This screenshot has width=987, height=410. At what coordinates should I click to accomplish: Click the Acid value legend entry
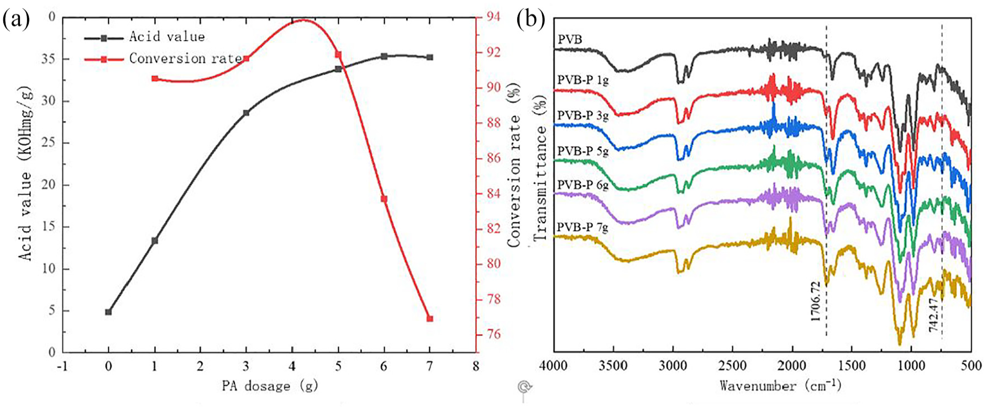point(144,38)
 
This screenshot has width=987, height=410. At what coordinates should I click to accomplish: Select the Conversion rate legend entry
point(162,58)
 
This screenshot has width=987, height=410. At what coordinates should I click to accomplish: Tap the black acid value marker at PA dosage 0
point(108,312)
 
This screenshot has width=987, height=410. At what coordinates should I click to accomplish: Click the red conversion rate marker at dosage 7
point(430,318)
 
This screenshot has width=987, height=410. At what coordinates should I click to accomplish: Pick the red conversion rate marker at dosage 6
point(384,199)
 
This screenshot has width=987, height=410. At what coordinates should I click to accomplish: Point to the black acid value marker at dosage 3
point(246,113)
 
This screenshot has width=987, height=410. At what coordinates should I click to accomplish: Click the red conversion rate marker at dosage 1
point(155,78)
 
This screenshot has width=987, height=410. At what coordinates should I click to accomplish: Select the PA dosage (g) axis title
point(270,386)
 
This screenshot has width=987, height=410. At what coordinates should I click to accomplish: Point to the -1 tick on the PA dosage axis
point(62,366)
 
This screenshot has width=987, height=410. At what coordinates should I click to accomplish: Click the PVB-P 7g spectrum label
point(582,227)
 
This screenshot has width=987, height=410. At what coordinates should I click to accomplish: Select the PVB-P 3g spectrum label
point(582,116)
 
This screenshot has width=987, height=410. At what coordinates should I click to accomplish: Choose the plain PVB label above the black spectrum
point(569,40)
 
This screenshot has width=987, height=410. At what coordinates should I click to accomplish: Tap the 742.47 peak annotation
point(934,314)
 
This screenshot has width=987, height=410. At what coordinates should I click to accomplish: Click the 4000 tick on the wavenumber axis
point(554,365)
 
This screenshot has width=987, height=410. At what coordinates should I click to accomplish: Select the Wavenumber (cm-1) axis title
point(780,385)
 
